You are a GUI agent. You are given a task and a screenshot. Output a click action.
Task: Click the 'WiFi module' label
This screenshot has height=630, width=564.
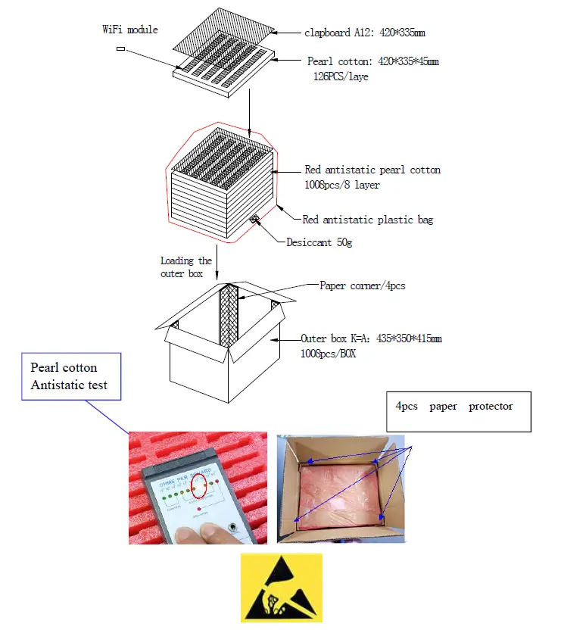pyautogui.click(x=130, y=30)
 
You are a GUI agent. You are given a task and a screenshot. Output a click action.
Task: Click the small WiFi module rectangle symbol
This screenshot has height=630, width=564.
pyautogui.click(x=121, y=49)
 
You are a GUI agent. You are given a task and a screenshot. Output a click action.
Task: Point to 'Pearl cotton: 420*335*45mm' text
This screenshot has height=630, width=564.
pyautogui.click(x=372, y=61)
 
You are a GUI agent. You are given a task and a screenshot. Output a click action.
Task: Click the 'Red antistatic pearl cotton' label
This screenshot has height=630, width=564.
pyautogui.click(x=372, y=170)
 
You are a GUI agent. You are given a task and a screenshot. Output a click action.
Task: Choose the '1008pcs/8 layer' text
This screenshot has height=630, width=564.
pyautogui.click(x=341, y=184)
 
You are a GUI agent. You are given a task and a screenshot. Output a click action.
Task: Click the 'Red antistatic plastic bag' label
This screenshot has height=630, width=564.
pyautogui.click(x=367, y=220)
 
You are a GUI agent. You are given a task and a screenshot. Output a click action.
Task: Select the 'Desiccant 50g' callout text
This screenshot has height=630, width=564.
pyautogui.click(x=319, y=243)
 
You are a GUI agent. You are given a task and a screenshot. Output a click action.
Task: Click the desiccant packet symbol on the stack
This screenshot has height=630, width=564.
pyautogui.click(x=255, y=220)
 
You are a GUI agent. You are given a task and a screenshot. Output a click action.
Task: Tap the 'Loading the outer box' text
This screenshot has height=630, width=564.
pyautogui.click(x=185, y=267)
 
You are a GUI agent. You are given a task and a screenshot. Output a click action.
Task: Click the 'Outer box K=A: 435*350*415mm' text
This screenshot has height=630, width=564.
pyautogui.click(x=371, y=338)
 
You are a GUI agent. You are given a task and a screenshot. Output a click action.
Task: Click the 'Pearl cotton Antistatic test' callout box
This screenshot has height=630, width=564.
pyautogui.click(x=70, y=376)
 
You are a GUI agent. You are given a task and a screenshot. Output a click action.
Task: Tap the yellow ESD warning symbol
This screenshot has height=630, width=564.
pyautogui.click(x=281, y=588)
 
